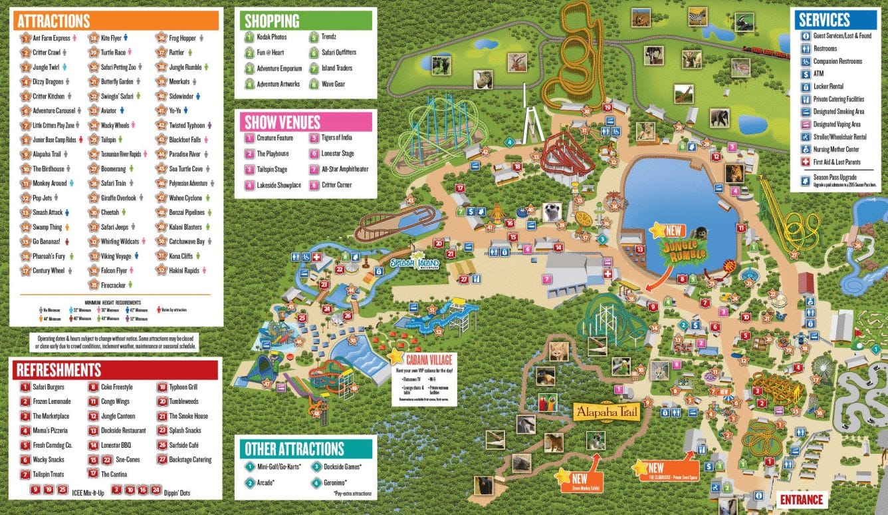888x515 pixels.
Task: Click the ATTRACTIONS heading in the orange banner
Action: pos(54,21)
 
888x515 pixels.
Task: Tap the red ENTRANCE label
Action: pos(802,500)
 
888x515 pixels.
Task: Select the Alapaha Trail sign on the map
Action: pos(606,413)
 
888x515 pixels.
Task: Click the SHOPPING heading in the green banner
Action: pos(272,21)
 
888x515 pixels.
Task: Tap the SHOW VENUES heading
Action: pos(282,122)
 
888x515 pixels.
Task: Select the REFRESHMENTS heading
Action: pos(59,370)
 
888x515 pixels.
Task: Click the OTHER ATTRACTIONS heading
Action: pos(294,448)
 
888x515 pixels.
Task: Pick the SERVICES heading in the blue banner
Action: pos(824,20)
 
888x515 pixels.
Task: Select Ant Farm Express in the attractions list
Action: pos(51,38)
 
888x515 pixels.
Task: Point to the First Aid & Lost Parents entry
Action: pos(836,162)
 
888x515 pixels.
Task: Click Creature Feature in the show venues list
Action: pos(275,138)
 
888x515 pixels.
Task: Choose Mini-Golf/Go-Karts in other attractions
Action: pos(278,466)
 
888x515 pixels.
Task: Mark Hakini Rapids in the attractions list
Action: pos(184,271)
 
